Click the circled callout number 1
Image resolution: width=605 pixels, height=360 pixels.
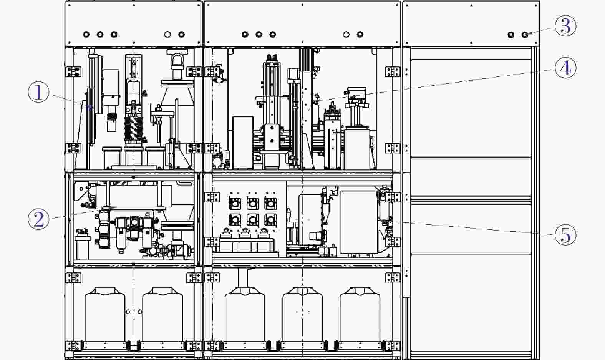coord(39,92)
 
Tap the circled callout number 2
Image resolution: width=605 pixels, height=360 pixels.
coord(39,219)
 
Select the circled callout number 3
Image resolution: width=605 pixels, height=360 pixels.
coord(565,26)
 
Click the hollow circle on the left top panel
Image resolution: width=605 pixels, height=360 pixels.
coord(167,34)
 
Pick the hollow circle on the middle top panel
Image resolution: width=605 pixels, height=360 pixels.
coord(346,34)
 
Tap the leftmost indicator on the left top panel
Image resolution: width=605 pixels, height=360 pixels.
coord(86,34)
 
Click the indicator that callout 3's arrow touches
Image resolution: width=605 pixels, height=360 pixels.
coord(525,35)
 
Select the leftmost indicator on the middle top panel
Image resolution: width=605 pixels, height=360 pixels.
coord(245,34)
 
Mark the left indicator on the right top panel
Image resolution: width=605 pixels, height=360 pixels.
coord(511,35)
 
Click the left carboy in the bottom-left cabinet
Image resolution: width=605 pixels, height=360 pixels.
coord(105,315)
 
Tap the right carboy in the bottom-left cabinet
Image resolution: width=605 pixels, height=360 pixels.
coord(162,315)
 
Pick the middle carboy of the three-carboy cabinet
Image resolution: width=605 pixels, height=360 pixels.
coord(303,315)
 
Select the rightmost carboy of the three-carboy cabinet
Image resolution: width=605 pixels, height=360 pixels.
coord(360,315)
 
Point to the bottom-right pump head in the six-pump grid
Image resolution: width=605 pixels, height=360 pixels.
coord(270,219)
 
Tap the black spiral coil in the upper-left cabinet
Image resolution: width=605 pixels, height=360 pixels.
coord(133,129)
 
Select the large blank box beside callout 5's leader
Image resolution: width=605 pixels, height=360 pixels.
coord(359,222)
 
